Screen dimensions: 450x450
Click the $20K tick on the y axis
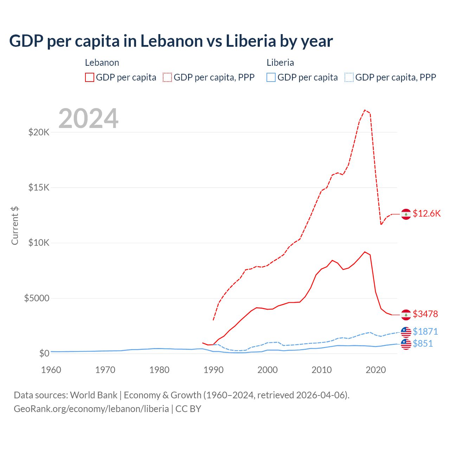tap(39, 133)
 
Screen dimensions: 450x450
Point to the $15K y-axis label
tap(39, 188)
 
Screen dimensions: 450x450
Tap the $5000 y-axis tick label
tap(37, 298)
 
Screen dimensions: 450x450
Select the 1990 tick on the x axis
tap(213, 370)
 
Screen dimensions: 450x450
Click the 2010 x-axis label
tap(322, 370)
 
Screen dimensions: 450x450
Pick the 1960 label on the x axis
tap(51, 370)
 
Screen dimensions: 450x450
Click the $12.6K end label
tap(426, 214)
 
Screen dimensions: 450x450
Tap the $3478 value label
tap(425, 314)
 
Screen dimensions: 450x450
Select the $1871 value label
tap(425, 332)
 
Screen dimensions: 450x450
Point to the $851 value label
tap(423, 343)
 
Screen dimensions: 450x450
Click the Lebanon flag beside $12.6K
tap(406, 214)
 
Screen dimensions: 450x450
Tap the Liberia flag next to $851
tap(406, 344)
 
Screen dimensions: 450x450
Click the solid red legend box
tap(90, 77)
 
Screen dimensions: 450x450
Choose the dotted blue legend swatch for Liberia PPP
tap(349, 77)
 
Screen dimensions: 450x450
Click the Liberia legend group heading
tap(280, 63)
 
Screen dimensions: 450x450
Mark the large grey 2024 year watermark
tap(88, 118)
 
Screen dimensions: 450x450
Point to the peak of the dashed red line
tap(365, 110)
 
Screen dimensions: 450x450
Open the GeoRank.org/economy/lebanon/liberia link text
tap(91, 409)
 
